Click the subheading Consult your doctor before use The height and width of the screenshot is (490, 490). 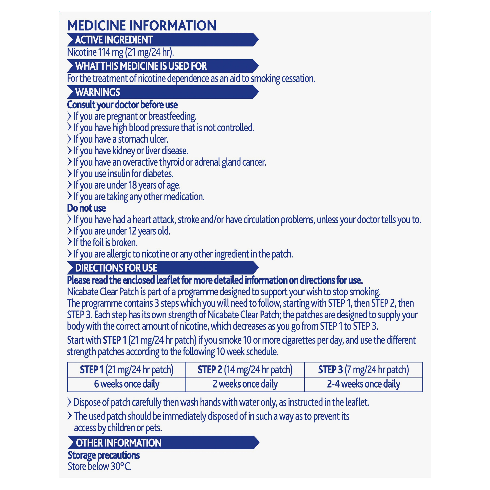click(x=122, y=105)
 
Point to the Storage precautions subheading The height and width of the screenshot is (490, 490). click(x=103, y=455)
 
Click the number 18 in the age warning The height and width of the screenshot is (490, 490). click(x=133, y=185)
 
